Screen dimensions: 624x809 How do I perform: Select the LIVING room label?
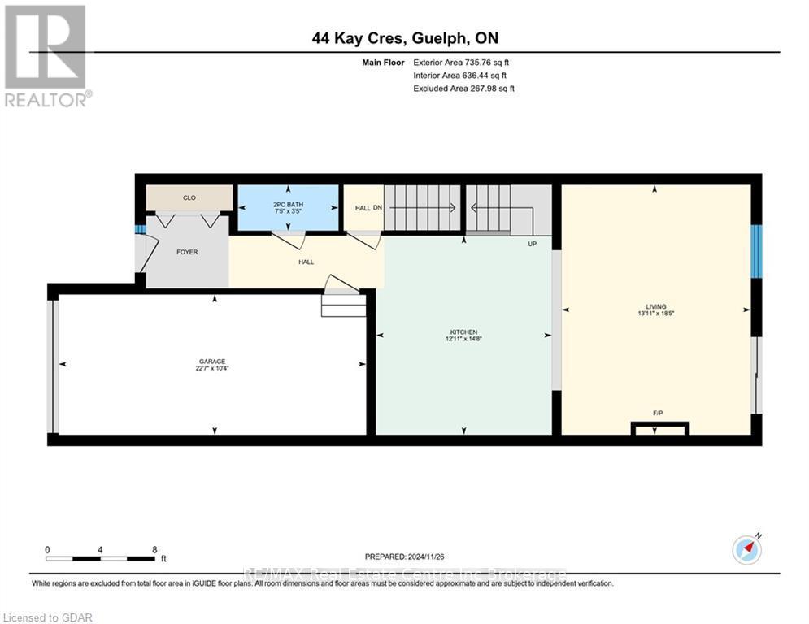click(x=656, y=306)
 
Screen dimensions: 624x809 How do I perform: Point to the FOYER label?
click(x=187, y=252)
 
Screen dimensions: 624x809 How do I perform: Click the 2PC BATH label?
click(x=287, y=197)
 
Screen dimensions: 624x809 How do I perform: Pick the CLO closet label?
click(x=189, y=197)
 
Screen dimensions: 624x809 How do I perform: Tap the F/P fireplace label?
click(x=658, y=414)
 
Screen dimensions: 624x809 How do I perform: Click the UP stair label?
click(x=532, y=243)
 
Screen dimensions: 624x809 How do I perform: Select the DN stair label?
click(x=377, y=208)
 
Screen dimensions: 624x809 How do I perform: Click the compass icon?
click(x=746, y=550)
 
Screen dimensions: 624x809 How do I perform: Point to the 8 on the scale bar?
click(x=154, y=549)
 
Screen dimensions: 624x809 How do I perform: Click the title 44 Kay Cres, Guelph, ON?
click(x=404, y=38)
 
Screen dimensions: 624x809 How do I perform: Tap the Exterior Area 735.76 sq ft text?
click(x=462, y=63)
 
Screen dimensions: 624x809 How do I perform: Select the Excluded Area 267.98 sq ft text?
click(x=464, y=89)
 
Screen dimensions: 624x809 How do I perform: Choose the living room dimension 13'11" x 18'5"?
click(x=656, y=313)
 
